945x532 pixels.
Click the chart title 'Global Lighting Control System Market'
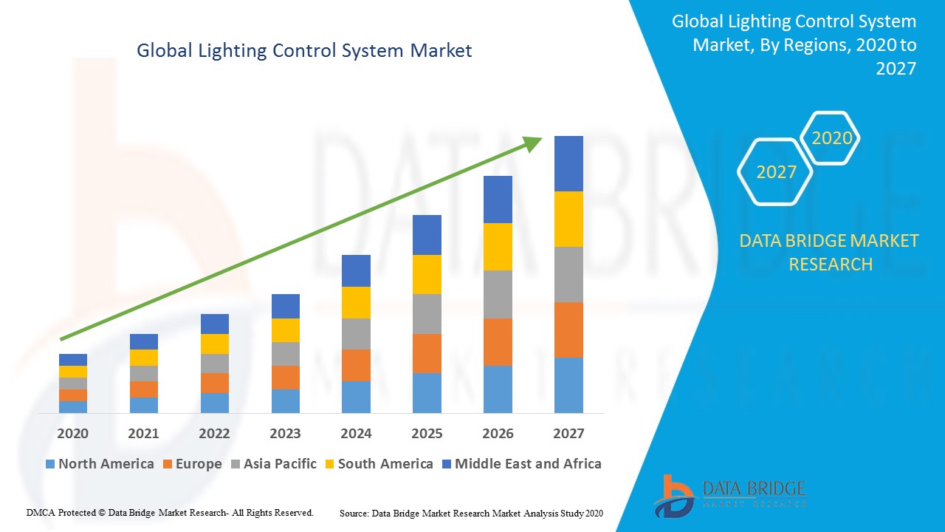tap(304, 51)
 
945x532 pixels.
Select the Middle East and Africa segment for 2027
tap(568, 163)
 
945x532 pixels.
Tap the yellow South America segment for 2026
tap(498, 246)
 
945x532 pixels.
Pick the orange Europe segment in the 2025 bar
tap(427, 353)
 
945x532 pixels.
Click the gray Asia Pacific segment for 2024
tap(356, 333)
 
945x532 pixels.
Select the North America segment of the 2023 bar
tap(286, 400)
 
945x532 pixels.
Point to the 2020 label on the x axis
tap(72, 434)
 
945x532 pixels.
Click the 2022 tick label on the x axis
tap(214, 434)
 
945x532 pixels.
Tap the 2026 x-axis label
tap(498, 434)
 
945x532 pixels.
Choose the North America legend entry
tap(99, 464)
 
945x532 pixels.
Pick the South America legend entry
tap(377, 464)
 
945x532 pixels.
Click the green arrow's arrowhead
tap(533, 142)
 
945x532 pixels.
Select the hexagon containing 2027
tap(775, 172)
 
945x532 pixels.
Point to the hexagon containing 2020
tap(831, 138)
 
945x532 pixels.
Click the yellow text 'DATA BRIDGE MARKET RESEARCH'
tap(830, 252)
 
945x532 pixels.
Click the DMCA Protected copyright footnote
tap(171, 512)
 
